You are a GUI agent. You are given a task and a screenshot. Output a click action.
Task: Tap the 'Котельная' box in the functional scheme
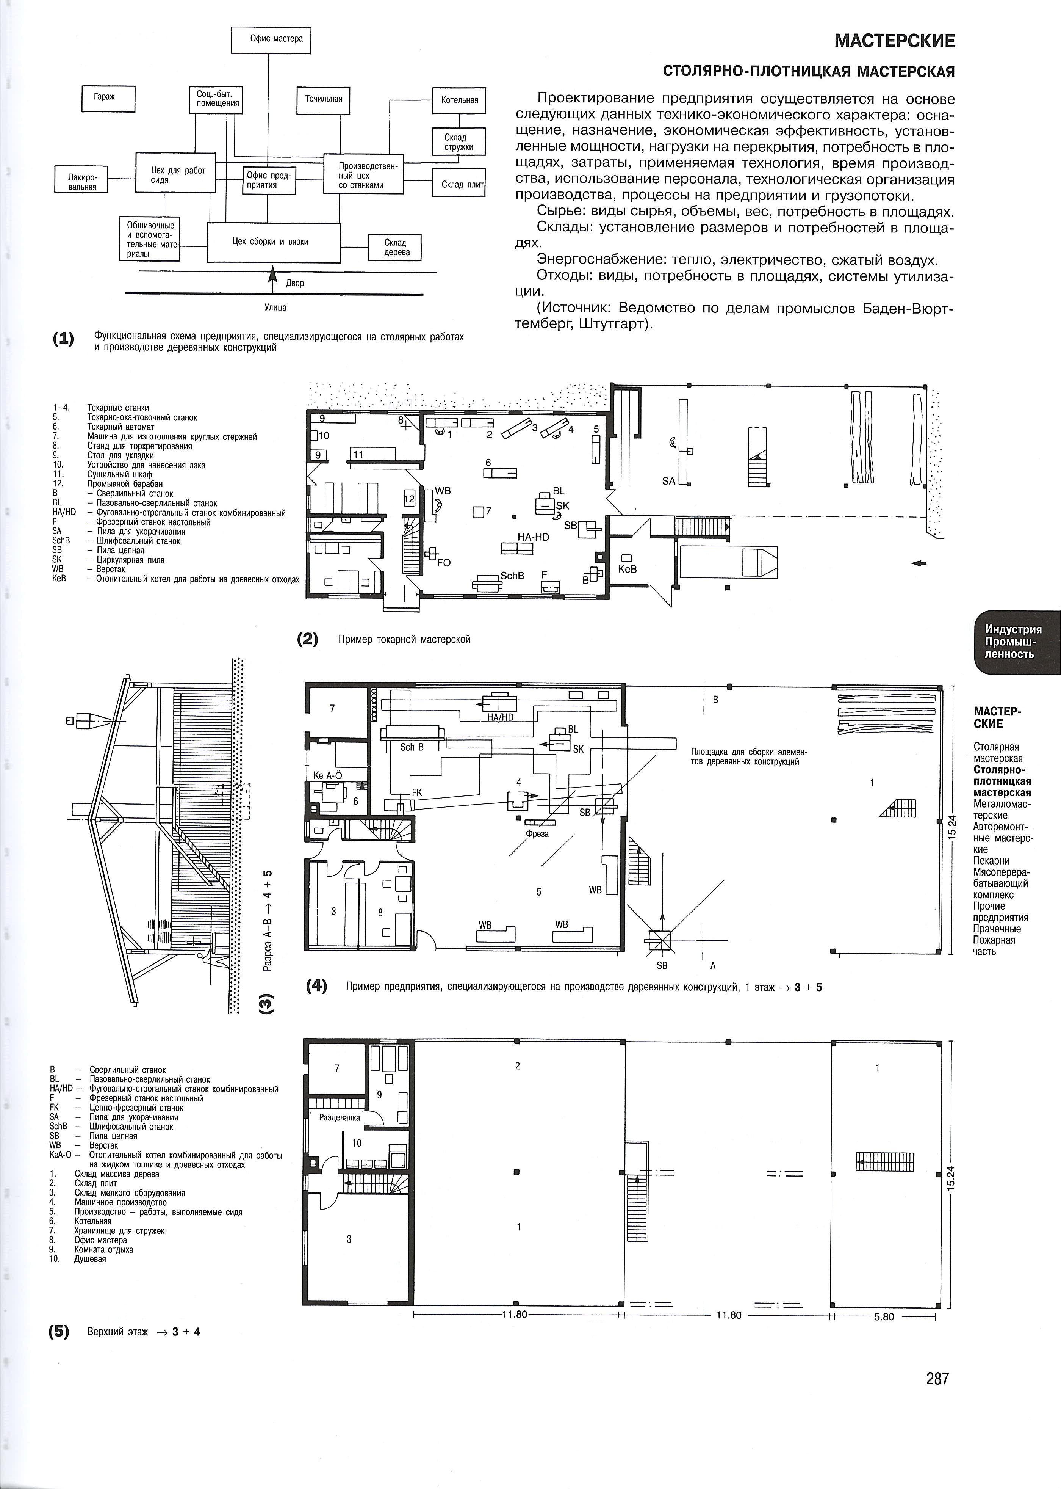tap(459, 100)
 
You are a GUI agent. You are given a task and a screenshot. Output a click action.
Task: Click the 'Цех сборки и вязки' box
tap(273, 242)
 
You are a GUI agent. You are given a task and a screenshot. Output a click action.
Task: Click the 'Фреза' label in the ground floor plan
tap(537, 834)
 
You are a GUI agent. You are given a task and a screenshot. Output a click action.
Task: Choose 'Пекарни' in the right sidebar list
tap(992, 861)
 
